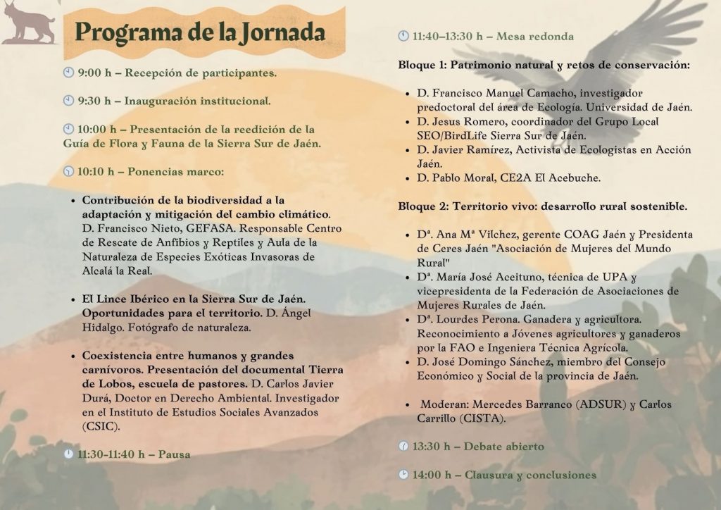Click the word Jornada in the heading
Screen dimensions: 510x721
tap(282, 32)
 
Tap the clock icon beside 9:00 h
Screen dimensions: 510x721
tap(68, 72)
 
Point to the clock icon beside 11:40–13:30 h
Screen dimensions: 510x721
tap(403, 35)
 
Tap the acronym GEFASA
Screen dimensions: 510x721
tap(196, 228)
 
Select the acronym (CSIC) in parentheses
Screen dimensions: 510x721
tap(101, 426)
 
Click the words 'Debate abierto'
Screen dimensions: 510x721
tap(503, 447)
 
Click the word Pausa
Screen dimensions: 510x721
tap(173, 454)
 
